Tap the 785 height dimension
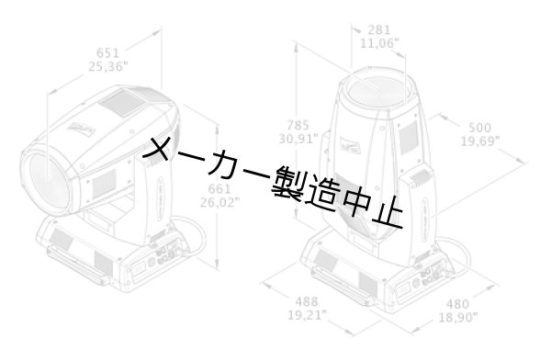click(298, 125)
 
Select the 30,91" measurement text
click(298, 139)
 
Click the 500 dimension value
click(479, 128)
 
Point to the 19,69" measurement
click(479, 141)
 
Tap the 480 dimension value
click(456, 304)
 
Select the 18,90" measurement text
click(456, 317)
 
